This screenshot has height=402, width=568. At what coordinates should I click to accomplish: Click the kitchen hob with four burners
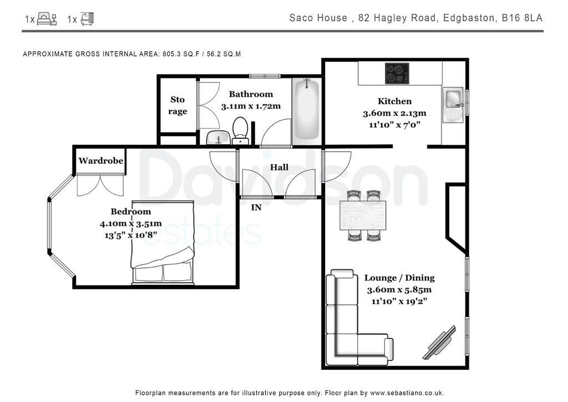[397, 73]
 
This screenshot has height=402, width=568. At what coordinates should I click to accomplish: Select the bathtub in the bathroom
[306, 110]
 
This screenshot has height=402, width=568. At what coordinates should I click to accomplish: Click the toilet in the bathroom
[240, 128]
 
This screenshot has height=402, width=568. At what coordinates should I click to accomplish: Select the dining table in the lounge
[363, 215]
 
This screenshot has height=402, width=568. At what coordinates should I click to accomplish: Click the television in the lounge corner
[440, 343]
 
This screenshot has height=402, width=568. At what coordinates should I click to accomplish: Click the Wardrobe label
[100, 161]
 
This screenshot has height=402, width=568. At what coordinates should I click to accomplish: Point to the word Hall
[279, 167]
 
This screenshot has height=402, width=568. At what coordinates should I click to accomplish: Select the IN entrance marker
[256, 208]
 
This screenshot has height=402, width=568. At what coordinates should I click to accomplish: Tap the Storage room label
[177, 105]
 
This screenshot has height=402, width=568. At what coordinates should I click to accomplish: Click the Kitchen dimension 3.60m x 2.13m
[394, 113]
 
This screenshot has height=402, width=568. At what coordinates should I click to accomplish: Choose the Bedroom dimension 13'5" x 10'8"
[130, 235]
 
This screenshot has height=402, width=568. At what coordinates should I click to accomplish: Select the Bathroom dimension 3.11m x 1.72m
[251, 105]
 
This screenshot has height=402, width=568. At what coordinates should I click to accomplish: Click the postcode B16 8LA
[522, 18]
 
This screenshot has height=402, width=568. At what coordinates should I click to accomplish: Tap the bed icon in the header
[47, 19]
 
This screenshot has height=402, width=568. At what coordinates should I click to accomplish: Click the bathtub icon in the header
[87, 19]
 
